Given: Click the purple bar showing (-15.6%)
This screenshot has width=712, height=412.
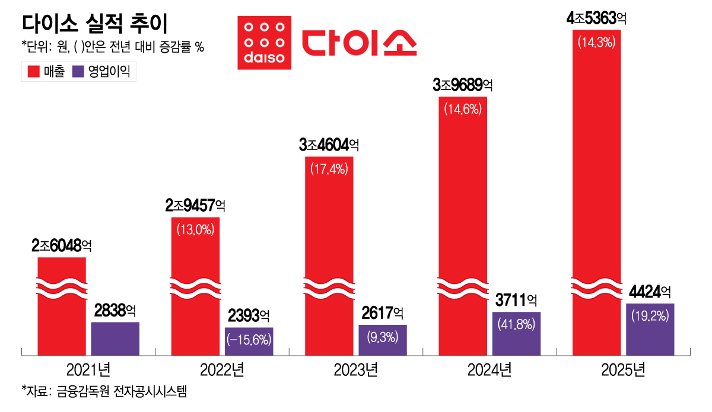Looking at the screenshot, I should tap(249, 341).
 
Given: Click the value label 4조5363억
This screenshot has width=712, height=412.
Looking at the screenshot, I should tap(596, 18).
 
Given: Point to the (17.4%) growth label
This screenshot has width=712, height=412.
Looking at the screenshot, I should tap(329, 169).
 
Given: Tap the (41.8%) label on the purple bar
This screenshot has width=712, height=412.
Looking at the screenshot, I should tap(516, 324).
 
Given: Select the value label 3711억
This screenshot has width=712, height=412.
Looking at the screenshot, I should tap(516, 300).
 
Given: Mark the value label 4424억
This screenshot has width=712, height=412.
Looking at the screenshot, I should tap(650, 292).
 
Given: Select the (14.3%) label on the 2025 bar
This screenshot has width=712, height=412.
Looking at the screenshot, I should tap(597, 42).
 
